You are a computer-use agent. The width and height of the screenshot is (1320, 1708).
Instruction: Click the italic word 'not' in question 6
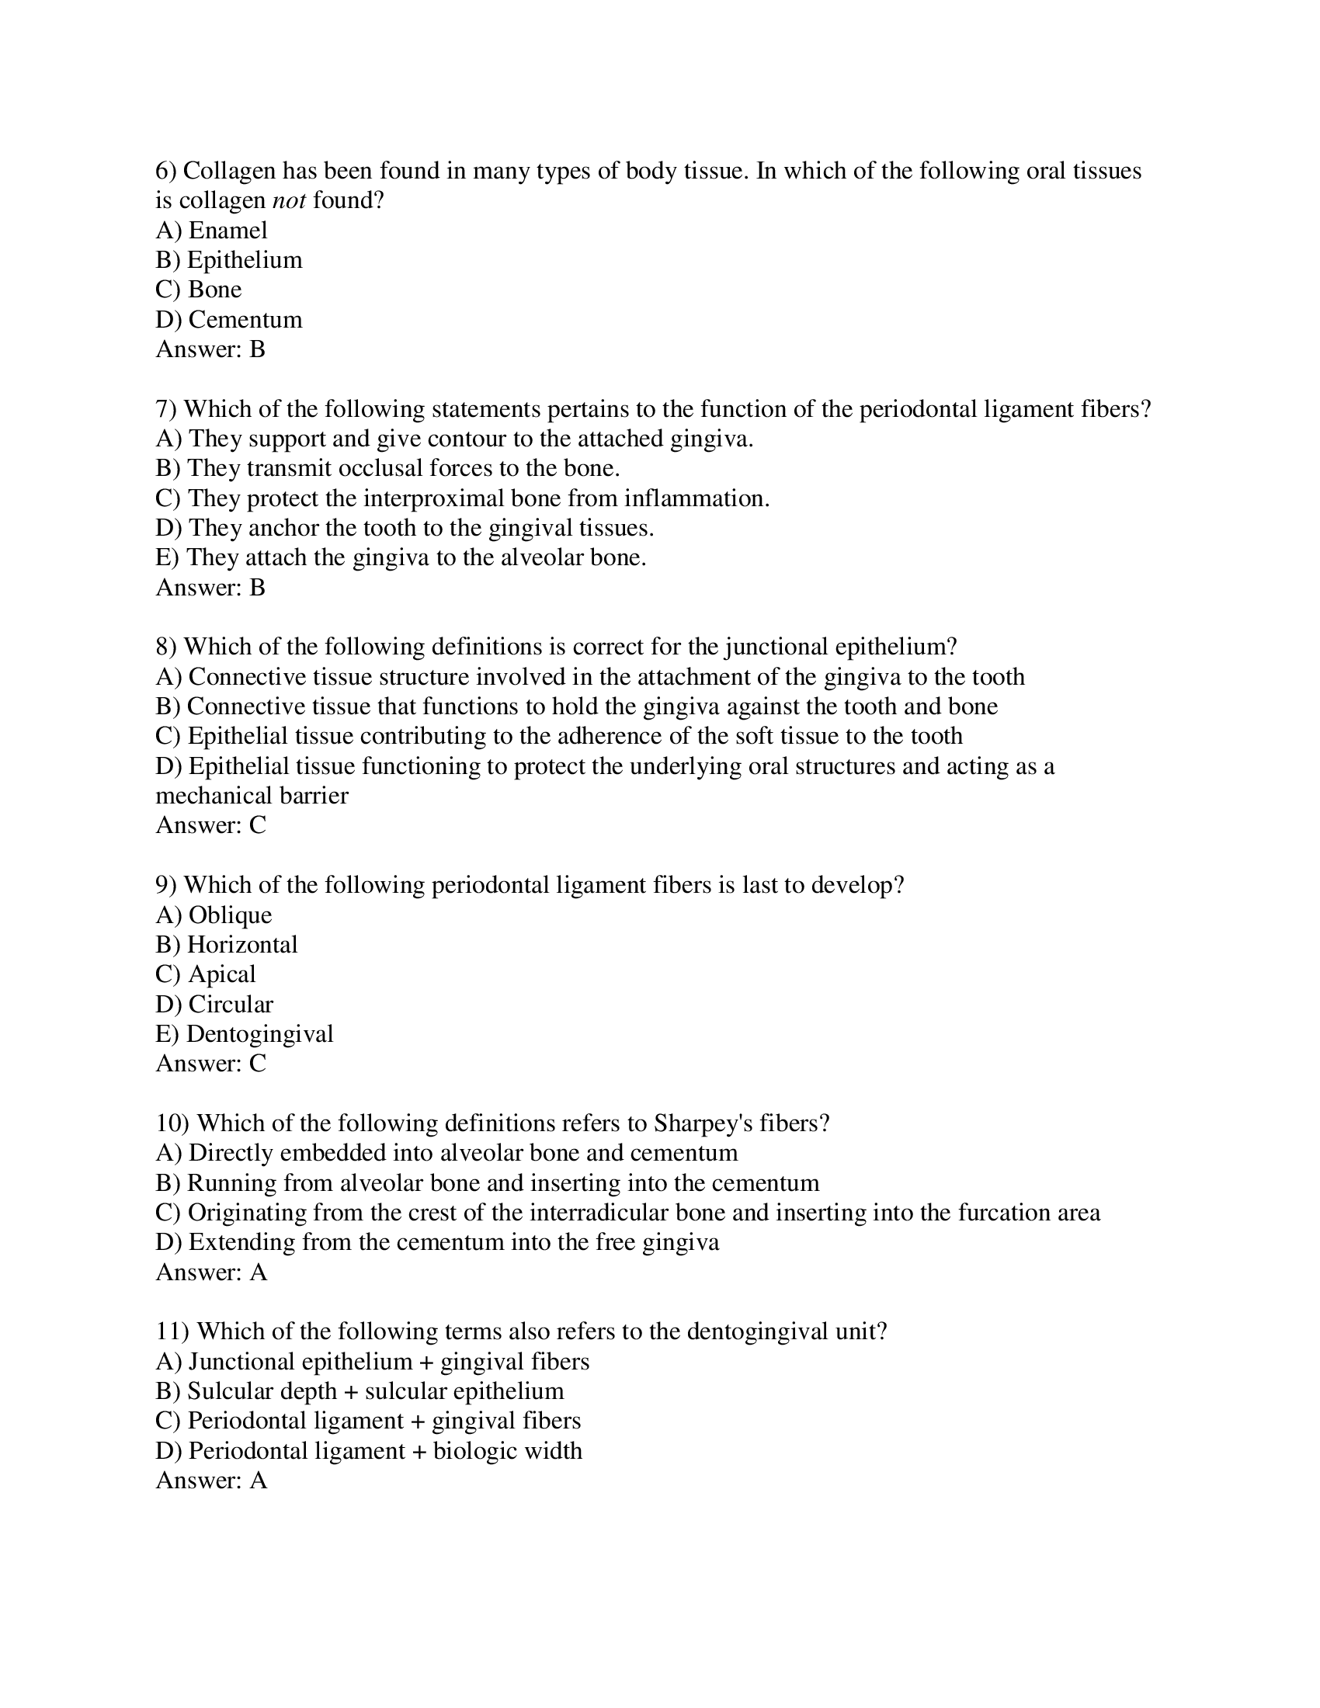point(289,201)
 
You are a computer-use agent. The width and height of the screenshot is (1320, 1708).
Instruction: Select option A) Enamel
point(212,231)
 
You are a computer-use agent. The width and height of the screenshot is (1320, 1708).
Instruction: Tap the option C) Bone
point(199,290)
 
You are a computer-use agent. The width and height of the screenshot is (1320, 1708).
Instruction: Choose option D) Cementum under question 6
point(229,320)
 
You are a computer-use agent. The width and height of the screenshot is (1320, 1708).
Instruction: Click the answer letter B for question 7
point(257,588)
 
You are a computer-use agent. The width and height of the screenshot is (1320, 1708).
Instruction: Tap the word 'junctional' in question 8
point(776,647)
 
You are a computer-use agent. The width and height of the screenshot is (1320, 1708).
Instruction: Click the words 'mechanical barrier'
point(252,796)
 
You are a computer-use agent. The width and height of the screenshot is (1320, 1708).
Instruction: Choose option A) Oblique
point(214,915)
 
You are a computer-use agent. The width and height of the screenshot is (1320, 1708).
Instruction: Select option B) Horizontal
point(227,945)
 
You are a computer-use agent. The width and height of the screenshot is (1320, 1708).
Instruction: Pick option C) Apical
point(206,974)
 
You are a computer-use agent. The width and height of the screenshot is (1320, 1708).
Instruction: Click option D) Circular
point(215,1004)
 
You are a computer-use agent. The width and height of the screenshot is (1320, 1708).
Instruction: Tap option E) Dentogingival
point(245,1034)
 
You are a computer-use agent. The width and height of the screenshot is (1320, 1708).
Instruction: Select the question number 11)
point(173,1331)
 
